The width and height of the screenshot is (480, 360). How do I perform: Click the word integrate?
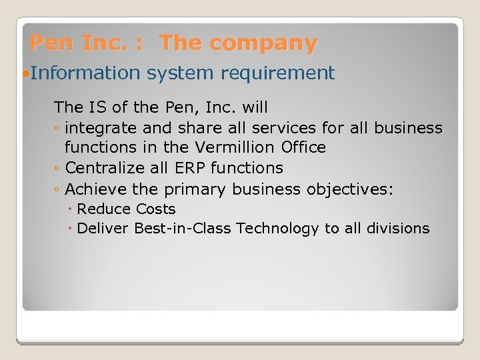tap(101, 127)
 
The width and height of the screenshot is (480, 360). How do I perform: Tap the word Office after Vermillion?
tap(303, 147)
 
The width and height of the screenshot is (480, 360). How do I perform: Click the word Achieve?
tap(95, 189)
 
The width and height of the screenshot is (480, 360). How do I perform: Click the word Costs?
tap(155, 209)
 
